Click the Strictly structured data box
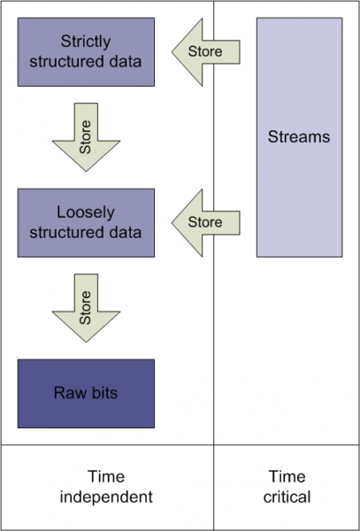(86, 51)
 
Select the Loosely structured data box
(86, 223)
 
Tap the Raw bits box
(86, 394)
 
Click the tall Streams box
(299, 137)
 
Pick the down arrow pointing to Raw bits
(86, 309)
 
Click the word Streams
(299, 137)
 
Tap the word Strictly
(87, 42)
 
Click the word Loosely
(87, 213)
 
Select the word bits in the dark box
(102, 394)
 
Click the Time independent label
(106, 487)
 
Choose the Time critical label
(287, 487)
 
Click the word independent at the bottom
(106, 496)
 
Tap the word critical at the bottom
(287, 496)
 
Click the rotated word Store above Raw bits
(86, 304)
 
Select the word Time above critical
(287, 477)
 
